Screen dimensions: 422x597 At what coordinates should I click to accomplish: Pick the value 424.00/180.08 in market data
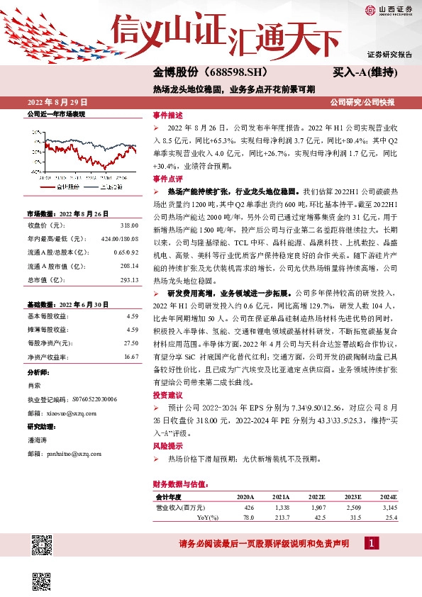120,239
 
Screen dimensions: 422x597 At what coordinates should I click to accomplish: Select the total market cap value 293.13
129,279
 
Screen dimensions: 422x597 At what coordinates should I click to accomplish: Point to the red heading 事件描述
167,115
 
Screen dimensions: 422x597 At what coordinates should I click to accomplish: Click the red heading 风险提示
167,447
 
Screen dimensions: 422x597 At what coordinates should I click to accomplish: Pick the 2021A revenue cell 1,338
281,508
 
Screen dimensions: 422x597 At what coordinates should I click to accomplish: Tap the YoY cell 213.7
282,518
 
